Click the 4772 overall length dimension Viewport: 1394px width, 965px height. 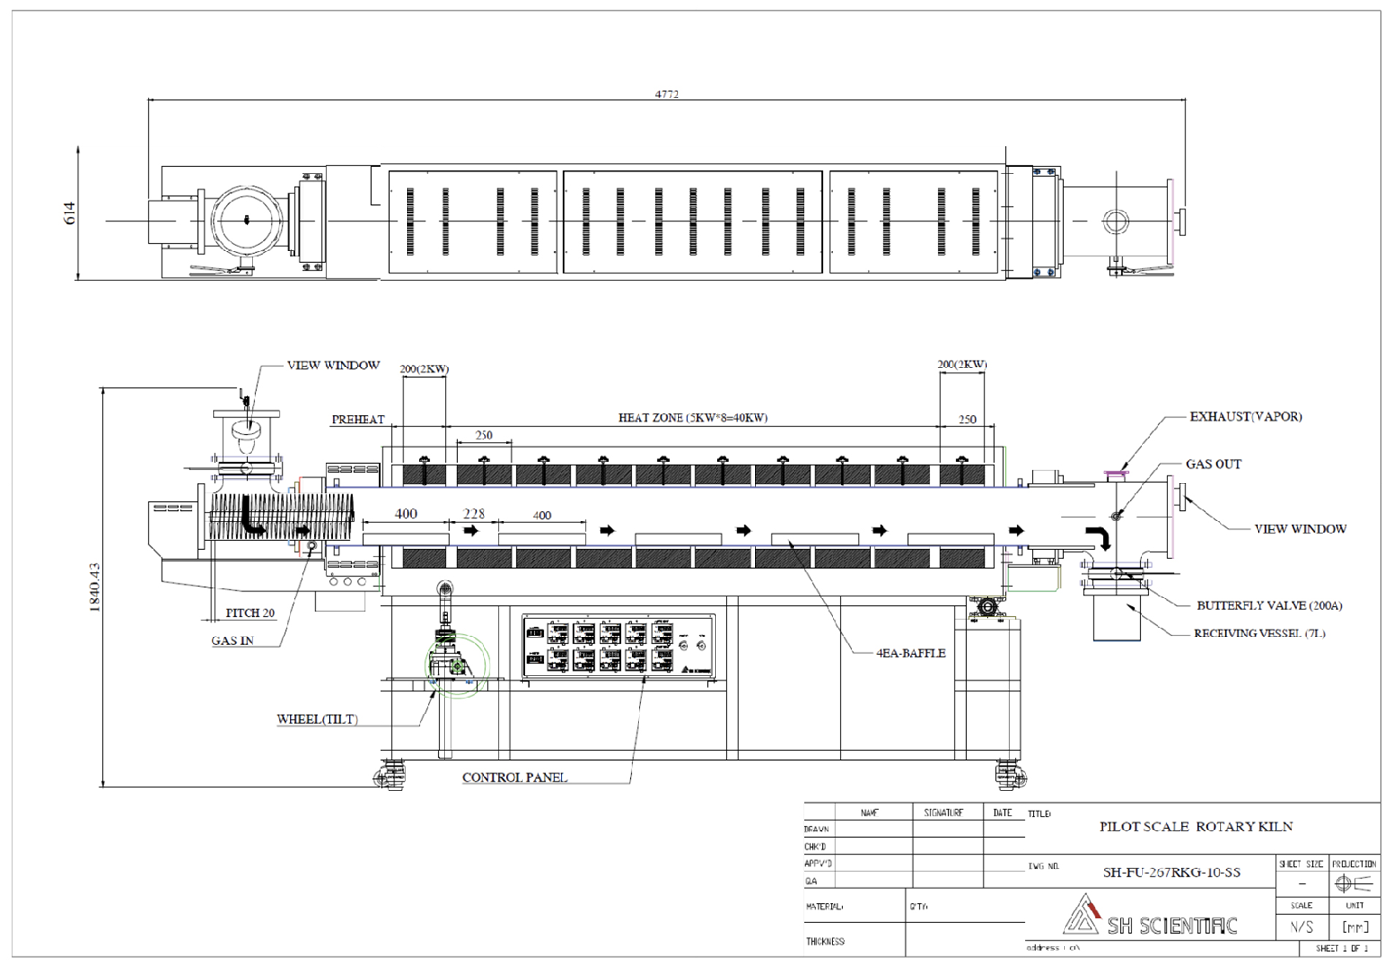tap(667, 95)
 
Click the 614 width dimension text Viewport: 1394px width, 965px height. tap(70, 213)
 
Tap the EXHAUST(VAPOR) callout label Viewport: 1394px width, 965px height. tap(1245, 417)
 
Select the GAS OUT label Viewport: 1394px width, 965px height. tap(1213, 465)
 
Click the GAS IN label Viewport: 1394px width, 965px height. tap(232, 641)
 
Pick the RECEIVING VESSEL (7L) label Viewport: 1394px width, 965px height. tap(1258, 634)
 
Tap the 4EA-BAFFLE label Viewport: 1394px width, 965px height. tap(910, 654)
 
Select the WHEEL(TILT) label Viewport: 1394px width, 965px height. tap(317, 720)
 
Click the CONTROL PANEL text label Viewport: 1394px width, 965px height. tap(514, 778)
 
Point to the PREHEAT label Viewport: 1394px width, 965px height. tap(358, 420)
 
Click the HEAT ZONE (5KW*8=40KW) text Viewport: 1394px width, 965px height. tap(692, 418)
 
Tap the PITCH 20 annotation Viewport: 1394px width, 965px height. tap(250, 613)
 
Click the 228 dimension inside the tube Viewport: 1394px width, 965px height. tap(474, 514)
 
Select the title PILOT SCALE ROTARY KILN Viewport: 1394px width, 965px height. tap(1195, 827)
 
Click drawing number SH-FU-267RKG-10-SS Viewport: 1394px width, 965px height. tap(1171, 872)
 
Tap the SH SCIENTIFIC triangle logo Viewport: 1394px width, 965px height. tap(1080, 914)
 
